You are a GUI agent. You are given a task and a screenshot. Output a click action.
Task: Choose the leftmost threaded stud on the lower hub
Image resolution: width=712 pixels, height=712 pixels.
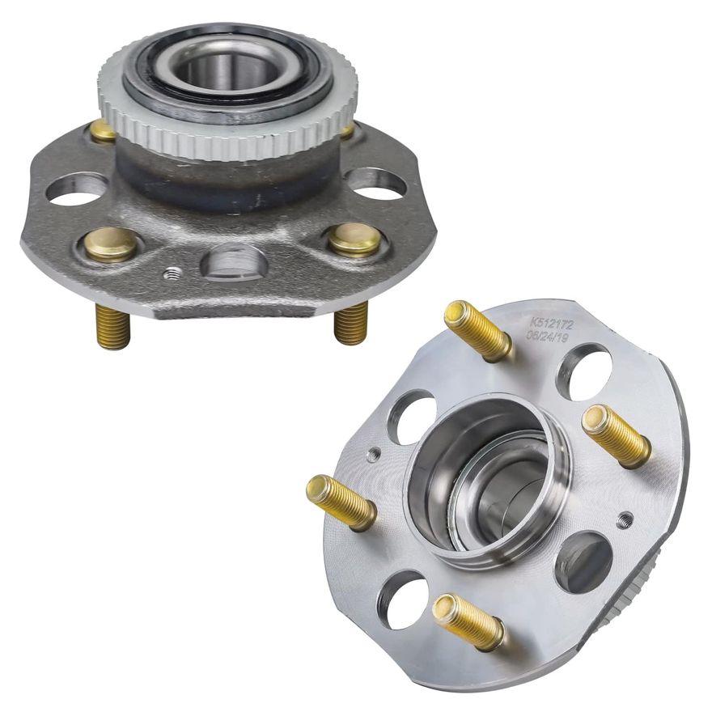click(341, 501)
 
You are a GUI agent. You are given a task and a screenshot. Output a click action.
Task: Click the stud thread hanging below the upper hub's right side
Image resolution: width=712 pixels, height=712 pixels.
click(351, 323)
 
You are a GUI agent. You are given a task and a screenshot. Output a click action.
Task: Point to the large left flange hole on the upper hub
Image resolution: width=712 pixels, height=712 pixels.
click(77, 189)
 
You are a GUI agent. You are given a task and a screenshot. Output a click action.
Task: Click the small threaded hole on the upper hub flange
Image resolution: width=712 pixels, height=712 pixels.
click(172, 273)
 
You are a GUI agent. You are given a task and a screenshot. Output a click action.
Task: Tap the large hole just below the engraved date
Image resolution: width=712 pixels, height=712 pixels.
click(584, 371)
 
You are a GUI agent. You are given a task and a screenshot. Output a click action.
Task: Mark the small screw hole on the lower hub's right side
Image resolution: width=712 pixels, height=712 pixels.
click(624, 519)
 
